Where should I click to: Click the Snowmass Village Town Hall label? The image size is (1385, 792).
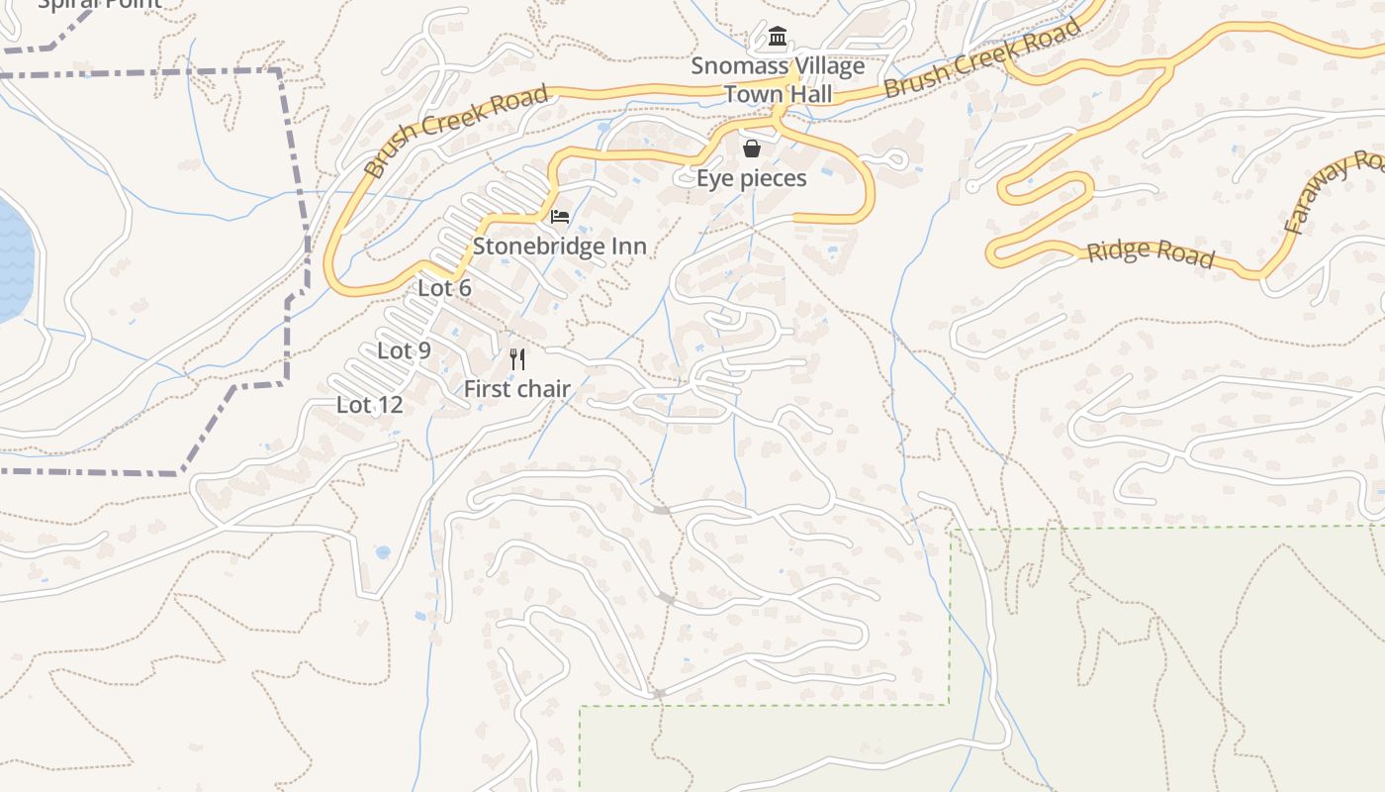pos(778,80)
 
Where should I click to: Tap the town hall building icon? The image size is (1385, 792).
pos(778,38)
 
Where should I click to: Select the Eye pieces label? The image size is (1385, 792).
pos(752,178)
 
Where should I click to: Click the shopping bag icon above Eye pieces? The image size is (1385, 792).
pos(752,148)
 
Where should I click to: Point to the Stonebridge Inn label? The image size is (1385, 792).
pos(560,246)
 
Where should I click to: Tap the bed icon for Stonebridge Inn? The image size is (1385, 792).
pos(560,217)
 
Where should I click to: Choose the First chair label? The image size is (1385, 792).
pos(517,389)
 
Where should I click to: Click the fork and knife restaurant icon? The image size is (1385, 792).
pos(517,359)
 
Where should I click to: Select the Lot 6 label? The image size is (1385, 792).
pos(444,288)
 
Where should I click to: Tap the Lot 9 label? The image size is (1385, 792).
pos(404,350)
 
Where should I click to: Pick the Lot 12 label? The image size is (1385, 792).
pos(370,404)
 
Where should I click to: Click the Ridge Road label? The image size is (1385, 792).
pos(1151,252)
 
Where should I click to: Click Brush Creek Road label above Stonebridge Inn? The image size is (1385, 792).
pos(456,131)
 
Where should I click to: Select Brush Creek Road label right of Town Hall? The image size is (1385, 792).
pos(982,58)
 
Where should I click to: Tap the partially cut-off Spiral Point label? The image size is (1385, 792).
pos(99,5)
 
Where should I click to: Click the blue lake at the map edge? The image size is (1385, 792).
pos(12,257)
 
